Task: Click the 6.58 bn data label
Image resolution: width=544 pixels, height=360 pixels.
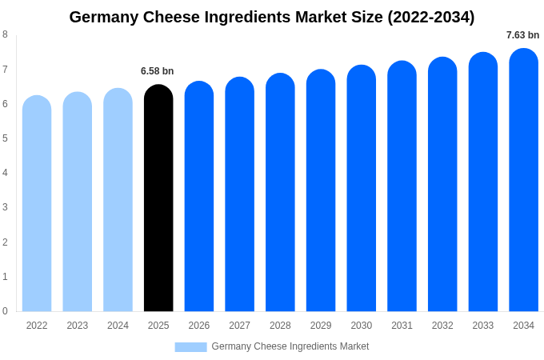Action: (158, 71)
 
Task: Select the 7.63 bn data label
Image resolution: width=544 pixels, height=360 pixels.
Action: (522, 35)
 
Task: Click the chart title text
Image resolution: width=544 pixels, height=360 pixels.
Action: (272, 17)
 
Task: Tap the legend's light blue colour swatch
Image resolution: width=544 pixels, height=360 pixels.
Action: (190, 346)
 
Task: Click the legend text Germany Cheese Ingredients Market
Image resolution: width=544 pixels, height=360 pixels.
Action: (290, 346)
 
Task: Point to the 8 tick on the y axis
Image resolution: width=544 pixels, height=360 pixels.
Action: (6, 34)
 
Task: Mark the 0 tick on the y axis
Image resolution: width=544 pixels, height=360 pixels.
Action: (6, 311)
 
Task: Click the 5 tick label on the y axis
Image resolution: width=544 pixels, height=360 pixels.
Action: (6, 138)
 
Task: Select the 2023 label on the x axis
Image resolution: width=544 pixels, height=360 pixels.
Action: (78, 326)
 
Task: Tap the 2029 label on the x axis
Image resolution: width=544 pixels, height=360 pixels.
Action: (321, 326)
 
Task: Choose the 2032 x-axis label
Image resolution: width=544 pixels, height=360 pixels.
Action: (442, 326)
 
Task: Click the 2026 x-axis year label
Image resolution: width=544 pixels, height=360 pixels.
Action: (199, 326)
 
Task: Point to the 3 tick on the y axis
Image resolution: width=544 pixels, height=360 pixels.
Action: (6, 207)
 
